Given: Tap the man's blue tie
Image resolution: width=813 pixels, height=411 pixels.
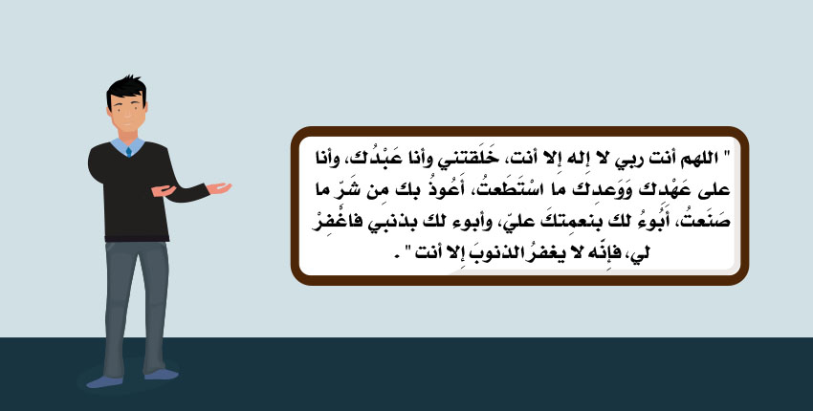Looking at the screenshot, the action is click(128, 152).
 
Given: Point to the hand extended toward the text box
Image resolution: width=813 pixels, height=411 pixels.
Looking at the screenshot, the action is click(219, 187).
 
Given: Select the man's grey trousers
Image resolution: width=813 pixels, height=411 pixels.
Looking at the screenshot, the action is click(136, 306).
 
